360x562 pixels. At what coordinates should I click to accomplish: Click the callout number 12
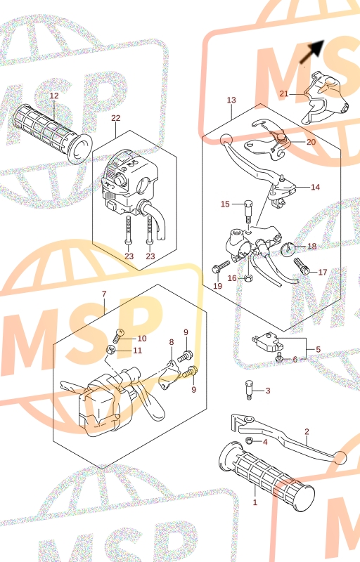[x=54, y=96]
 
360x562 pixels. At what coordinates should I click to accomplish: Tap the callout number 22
[x=116, y=118]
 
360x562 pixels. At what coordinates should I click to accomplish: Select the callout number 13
[x=231, y=100]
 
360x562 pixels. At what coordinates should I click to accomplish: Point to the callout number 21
[x=284, y=94]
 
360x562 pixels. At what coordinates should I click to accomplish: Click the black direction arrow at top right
[x=312, y=51]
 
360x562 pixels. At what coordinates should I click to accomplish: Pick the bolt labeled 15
[x=247, y=212]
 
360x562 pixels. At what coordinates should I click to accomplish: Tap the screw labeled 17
[x=302, y=267]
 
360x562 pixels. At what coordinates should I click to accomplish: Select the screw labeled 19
[x=221, y=267]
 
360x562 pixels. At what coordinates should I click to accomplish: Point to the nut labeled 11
[x=111, y=350]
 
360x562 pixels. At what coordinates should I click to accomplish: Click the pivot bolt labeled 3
[x=249, y=390]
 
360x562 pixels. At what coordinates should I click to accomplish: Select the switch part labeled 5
[x=268, y=342]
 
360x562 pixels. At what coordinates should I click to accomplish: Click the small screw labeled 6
[x=280, y=357]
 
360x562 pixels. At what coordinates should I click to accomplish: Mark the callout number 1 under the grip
[x=255, y=502]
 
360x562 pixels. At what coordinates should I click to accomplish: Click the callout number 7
[x=104, y=294]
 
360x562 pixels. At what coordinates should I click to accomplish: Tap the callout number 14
[x=315, y=187]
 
